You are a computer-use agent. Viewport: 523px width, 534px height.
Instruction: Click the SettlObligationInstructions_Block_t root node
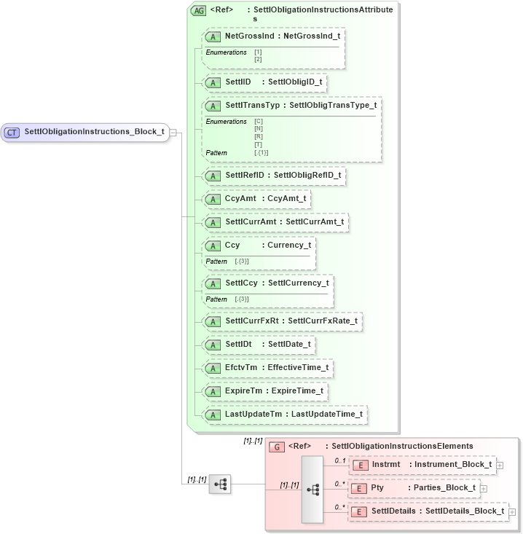[86, 132]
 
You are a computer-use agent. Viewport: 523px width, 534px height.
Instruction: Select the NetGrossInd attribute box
[273, 36]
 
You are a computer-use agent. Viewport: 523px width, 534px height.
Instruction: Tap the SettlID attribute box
[264, 82]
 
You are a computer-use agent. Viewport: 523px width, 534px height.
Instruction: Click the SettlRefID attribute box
[273, 176]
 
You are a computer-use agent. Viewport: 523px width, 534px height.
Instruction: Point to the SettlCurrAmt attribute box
[275, 222]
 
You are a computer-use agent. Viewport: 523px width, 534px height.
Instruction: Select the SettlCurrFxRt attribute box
[282, 321]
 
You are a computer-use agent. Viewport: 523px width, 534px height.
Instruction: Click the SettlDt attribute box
[259, 345]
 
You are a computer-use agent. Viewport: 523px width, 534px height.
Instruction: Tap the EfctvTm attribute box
[268, 368]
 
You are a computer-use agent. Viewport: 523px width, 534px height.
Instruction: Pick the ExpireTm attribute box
[264, 391]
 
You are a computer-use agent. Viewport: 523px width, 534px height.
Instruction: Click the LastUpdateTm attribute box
[284, 415]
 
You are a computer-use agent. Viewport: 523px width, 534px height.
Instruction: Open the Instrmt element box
[422, 464]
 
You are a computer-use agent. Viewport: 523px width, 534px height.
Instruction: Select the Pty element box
[414, 487]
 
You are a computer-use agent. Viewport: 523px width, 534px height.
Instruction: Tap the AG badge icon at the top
[197, 10]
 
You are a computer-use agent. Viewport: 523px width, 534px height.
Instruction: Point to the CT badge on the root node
[12, 132]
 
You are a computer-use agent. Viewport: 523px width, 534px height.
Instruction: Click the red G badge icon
[276, 447]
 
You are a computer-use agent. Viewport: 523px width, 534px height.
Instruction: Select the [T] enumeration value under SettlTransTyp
[258, 144]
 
